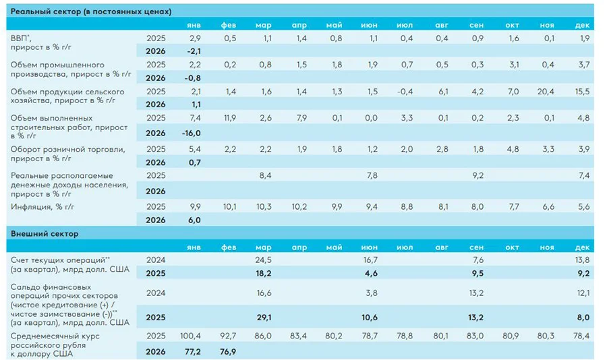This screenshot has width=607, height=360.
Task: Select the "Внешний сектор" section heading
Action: (x=45, y=234)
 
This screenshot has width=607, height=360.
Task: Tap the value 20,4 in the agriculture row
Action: (x=547, y=91)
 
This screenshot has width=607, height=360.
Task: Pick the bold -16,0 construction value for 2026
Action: (x=193, y=133)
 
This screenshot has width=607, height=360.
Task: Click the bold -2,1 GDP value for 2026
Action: (x=194, y=51)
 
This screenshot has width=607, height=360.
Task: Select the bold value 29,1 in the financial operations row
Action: (x=264, y=317)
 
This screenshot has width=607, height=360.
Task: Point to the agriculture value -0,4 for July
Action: (x=405, y=91)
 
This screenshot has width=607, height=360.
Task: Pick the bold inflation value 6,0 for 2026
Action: (x=194, y=220)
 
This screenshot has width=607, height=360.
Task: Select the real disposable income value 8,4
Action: (x=264, y=177)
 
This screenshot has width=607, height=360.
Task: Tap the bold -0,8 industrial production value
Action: (x=193, y=78)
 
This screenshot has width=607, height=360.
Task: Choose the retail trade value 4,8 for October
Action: (x=511, y=148)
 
